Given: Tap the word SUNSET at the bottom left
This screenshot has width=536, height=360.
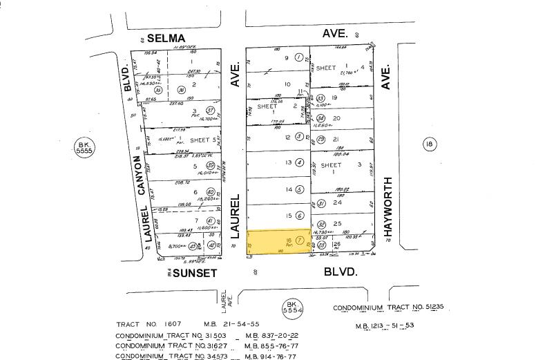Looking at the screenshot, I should [x=195, y=273].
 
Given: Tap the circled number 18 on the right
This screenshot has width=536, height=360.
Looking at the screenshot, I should [x=430, y=144].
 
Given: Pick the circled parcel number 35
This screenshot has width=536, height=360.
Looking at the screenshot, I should [x=158, y=89].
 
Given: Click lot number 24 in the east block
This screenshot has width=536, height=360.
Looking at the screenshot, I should [x=337, y=202].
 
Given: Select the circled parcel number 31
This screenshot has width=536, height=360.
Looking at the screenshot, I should [x=321, y=204].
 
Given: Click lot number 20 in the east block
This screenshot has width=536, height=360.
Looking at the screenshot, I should [x=337, y=118].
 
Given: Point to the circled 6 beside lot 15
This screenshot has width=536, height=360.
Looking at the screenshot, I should [x=300, y=216].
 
